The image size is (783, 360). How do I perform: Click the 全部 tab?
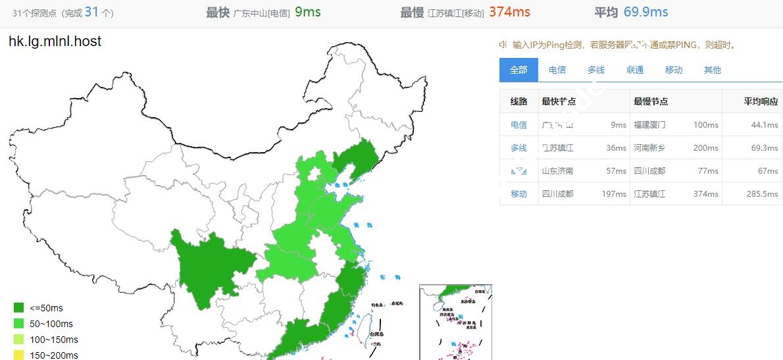pos(518,70)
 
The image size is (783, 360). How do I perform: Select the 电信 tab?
pos(557,70)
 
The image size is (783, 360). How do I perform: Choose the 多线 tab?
pos(596,70)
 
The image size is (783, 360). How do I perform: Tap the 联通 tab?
pos(635,70)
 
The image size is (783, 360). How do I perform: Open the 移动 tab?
pos(674,70)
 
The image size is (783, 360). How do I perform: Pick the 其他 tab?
pos(713,70)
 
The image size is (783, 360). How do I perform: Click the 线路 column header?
pos(518,101)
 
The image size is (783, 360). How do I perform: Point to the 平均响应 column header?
pos(761,101)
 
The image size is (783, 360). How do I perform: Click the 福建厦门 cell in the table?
pos(649,124)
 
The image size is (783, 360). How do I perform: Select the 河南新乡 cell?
pos(649,147)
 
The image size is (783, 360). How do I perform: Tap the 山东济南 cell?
pos(557,170)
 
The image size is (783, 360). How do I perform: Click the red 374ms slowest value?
pos(509,12)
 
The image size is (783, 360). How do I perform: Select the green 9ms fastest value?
pos(308,12)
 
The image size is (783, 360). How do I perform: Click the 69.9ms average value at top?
pos(645,12)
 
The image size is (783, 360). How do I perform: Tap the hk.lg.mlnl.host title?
pos(55,41)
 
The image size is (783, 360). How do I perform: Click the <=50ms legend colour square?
pos(18,307)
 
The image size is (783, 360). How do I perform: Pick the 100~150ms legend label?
pos(53,340)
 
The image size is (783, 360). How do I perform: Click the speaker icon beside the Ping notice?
pos(503,45)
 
